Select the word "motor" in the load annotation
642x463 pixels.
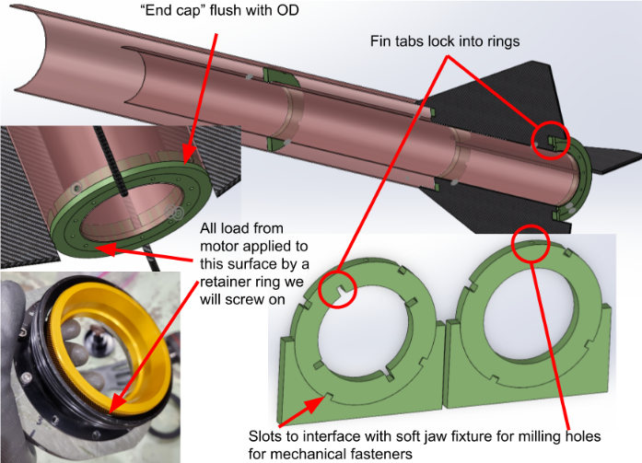pyautogui.click(x=218, y=246)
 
